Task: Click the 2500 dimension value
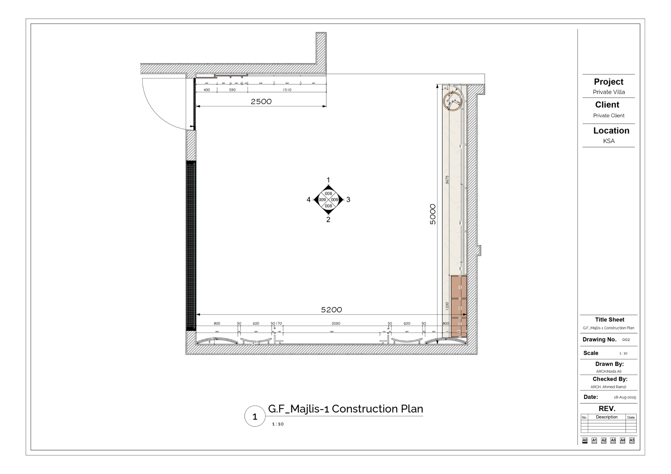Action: [x=261, y=101]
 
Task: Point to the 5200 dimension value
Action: [x=331, y=310]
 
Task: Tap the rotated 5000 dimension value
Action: [x=433, y=214]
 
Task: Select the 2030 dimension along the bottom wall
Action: [x=336, y=323]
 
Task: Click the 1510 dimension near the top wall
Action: [x=287, y=90]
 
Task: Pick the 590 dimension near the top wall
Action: [x=232, y=90]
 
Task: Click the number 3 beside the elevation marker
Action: [x=348, y=199]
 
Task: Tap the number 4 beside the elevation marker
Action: [x=308, y=199]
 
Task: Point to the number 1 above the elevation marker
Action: [x=328, y=180]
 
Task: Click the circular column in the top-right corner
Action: [x=453, y=101]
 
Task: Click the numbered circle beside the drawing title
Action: [x=255, y=416]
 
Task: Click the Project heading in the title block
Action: [x=609, y=82]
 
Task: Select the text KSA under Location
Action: [x=609, y=141]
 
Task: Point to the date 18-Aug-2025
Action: [x=625, y=397]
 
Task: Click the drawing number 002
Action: [x=626, y=340]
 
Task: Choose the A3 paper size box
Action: [x=613, y=440]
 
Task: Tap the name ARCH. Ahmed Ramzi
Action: [x=608, y=387]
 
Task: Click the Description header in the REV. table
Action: [x=607, y=417]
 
